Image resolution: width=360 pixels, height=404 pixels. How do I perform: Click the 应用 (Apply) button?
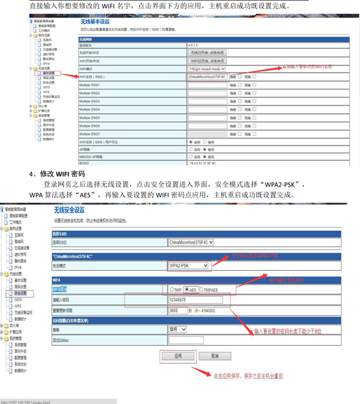pyautogui.click(x=178, y=356)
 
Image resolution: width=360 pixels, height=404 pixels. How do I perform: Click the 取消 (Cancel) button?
pyautogui.click(x=215, y=356)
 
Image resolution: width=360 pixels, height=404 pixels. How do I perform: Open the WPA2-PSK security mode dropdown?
pyautogui.click(x=188, y=265)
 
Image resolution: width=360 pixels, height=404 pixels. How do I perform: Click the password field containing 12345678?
pyautogui.click(x=204, y=300)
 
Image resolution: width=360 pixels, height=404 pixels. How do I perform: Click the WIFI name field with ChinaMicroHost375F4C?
pyautogui.click(x=207, y=77)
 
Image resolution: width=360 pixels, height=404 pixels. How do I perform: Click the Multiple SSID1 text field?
pyautogui.click(x=207, y=85)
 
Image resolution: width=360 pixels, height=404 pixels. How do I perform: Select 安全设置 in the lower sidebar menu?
pyautogui.click(x=20, y=294)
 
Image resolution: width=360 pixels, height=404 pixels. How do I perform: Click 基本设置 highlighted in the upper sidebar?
pyautogui.click(x=48, y=73)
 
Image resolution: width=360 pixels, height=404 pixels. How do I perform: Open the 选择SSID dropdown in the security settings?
pyautogui.click(x=191, y=243)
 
